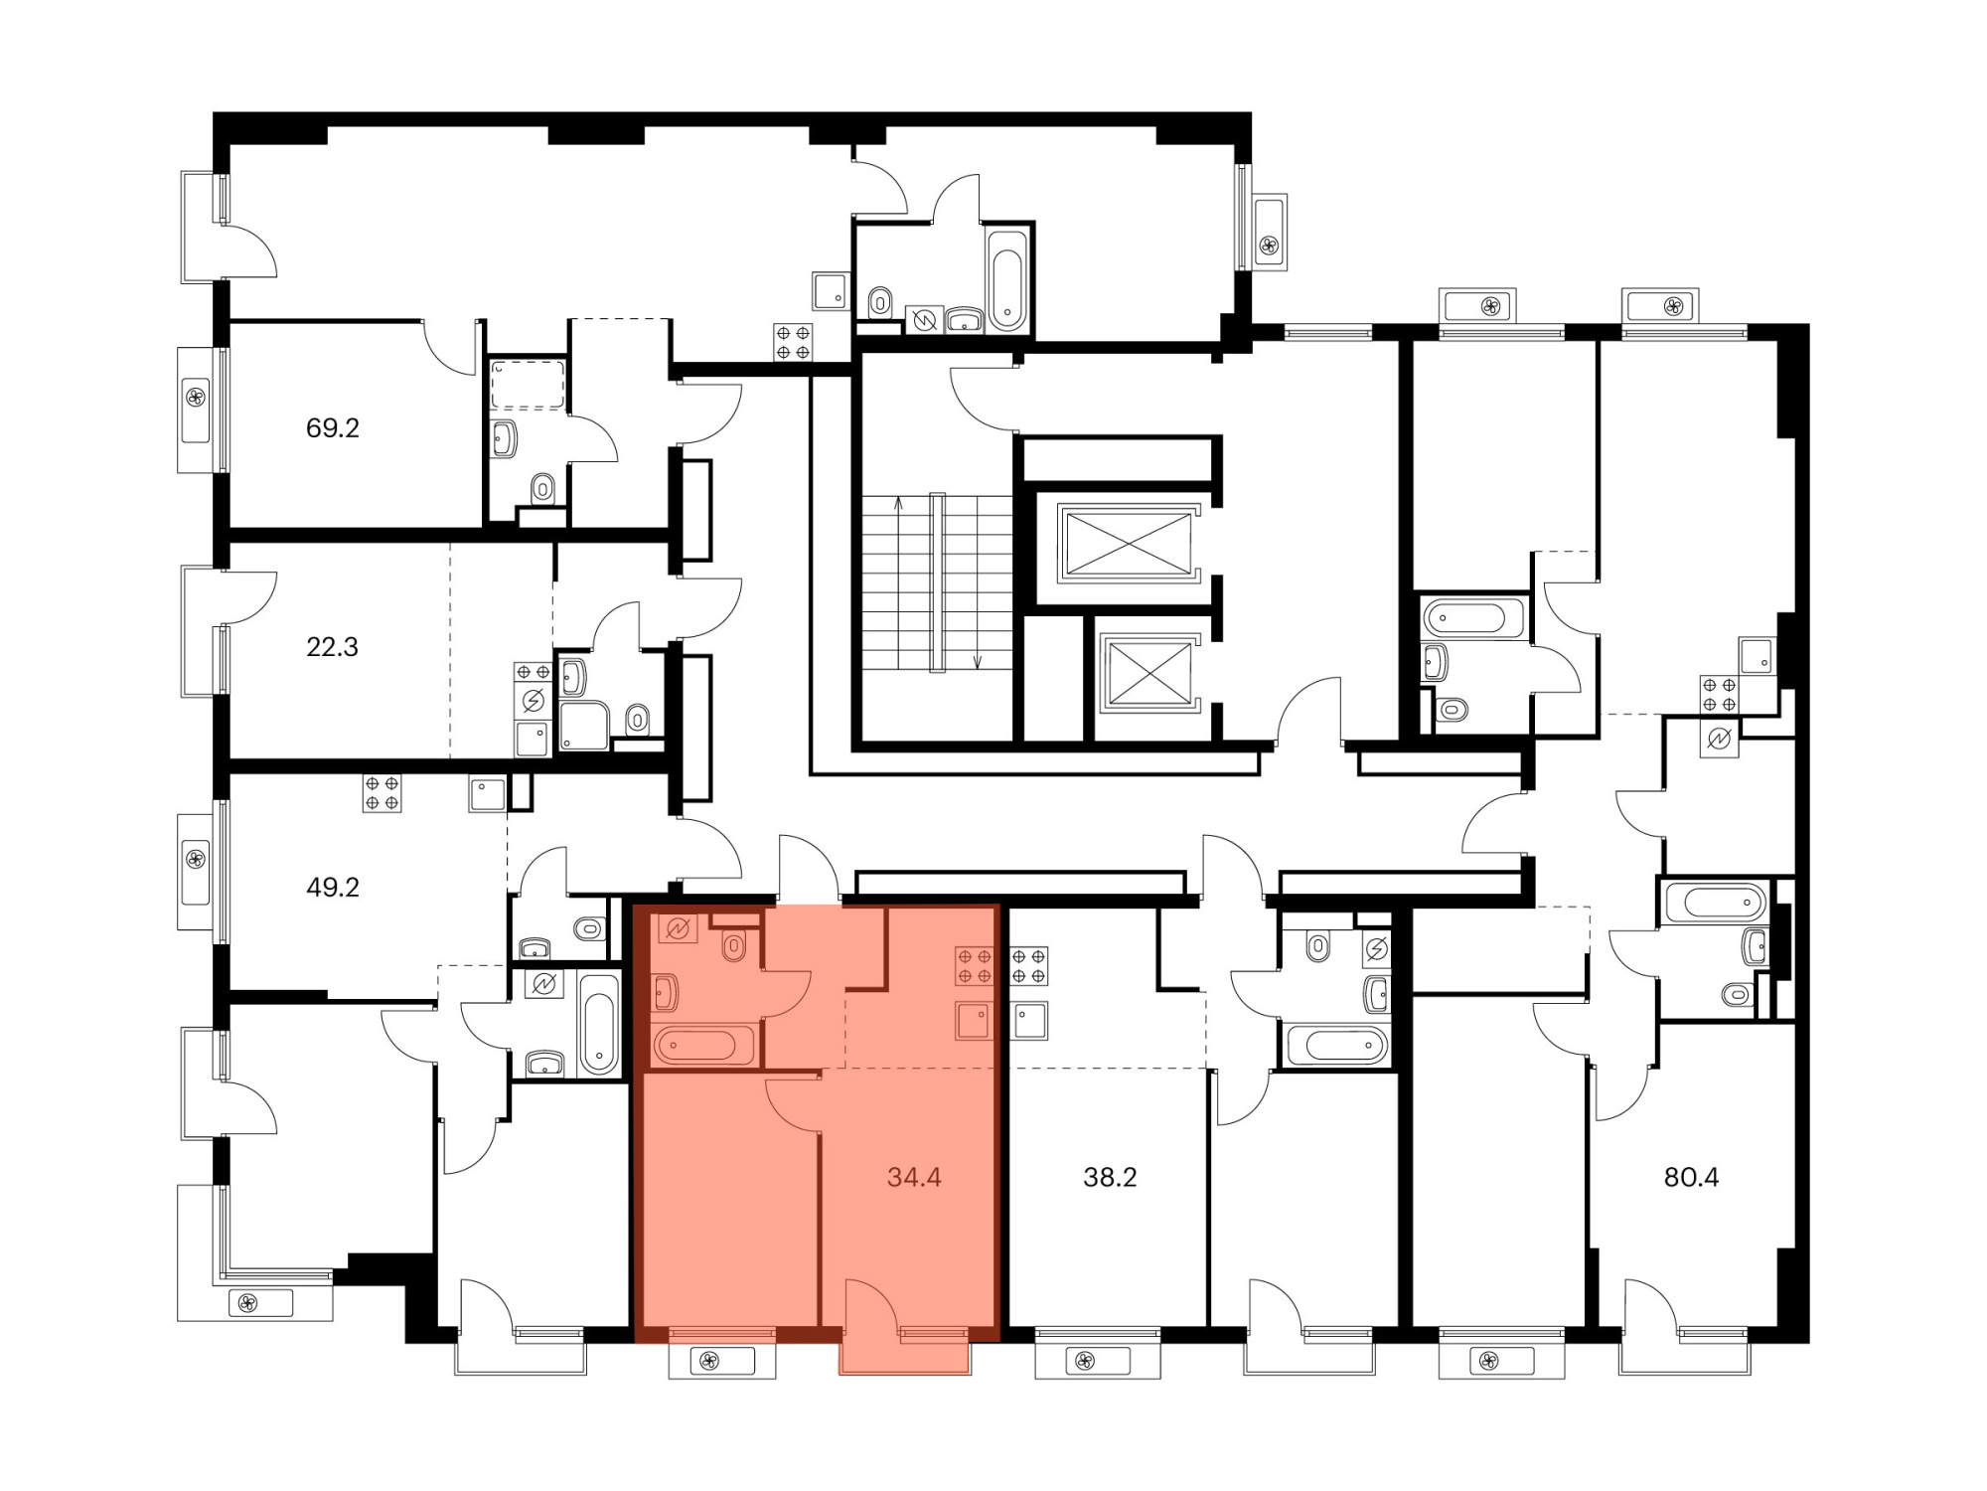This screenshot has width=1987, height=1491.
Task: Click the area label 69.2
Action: (x=332, y=428)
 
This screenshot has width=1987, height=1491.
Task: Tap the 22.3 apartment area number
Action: (x=332, y=647)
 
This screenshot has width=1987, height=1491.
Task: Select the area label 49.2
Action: (x=332, y=887)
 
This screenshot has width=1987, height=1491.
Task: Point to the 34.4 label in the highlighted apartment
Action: (x=914, y=1177)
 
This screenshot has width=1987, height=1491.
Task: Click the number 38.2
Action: (x=1110, y=1177)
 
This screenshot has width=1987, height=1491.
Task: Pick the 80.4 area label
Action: (x=1691, y=1177)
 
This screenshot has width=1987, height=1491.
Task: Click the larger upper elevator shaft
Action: (x=1128, y=543)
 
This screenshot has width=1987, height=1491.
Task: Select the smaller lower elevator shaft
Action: (x=1149, y=673)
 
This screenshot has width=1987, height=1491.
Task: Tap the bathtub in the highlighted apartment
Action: (x=703, y=1045)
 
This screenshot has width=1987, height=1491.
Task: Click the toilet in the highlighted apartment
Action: (x=734, y=946)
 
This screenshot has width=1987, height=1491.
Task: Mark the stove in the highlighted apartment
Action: (x=974, y=966)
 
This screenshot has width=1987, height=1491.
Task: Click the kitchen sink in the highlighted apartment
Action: (x=974, y=1021)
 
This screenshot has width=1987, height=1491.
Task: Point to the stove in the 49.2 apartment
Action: (x=382, y=793)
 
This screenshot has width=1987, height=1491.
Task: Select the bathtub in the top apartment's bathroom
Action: (x=1006, y=279)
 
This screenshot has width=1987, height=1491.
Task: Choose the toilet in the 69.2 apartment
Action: (x=542, y=487)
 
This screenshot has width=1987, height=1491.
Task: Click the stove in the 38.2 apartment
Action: (x=1029, y=966)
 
